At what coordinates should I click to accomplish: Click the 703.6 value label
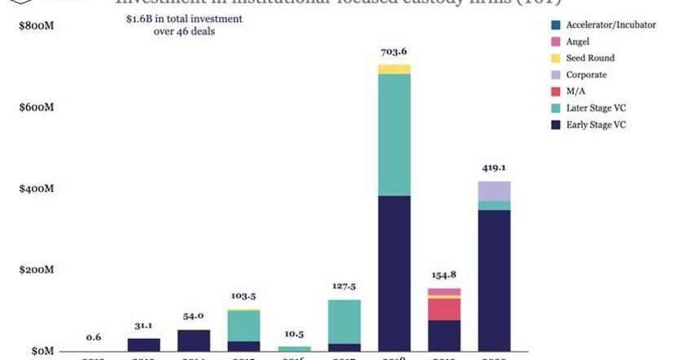click(x=395, y=52)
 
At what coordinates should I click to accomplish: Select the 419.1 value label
click(x=494, y=168)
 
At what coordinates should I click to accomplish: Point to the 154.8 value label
click(x=444, y=275)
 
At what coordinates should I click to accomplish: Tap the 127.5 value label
click(x=345, y=286)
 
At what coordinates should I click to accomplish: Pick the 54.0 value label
click(x=194, y=316)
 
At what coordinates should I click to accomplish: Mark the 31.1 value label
click(x=144, y=325)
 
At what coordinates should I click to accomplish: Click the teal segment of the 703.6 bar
click(x=395, y=134)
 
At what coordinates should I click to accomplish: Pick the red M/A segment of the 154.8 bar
click(x=444, y=310)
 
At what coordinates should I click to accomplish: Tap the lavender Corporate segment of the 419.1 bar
click(x=494, y=191)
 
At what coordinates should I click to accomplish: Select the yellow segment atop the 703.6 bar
click(x=395, y=69)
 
